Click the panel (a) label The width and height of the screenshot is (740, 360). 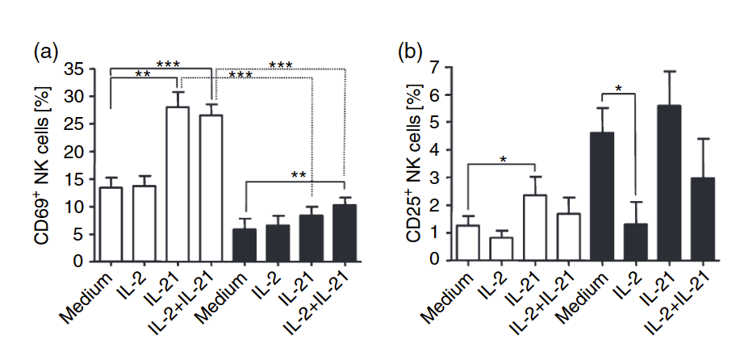[45, 52]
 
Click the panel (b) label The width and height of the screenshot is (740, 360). [411, 52]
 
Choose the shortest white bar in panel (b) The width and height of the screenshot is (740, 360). [501, 249]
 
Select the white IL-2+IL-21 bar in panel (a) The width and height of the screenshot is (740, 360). [211, 188]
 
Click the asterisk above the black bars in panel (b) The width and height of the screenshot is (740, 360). [618, 89]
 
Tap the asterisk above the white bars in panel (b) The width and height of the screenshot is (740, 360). [503, 160]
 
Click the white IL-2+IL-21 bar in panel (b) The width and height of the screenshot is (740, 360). [569, 237]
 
